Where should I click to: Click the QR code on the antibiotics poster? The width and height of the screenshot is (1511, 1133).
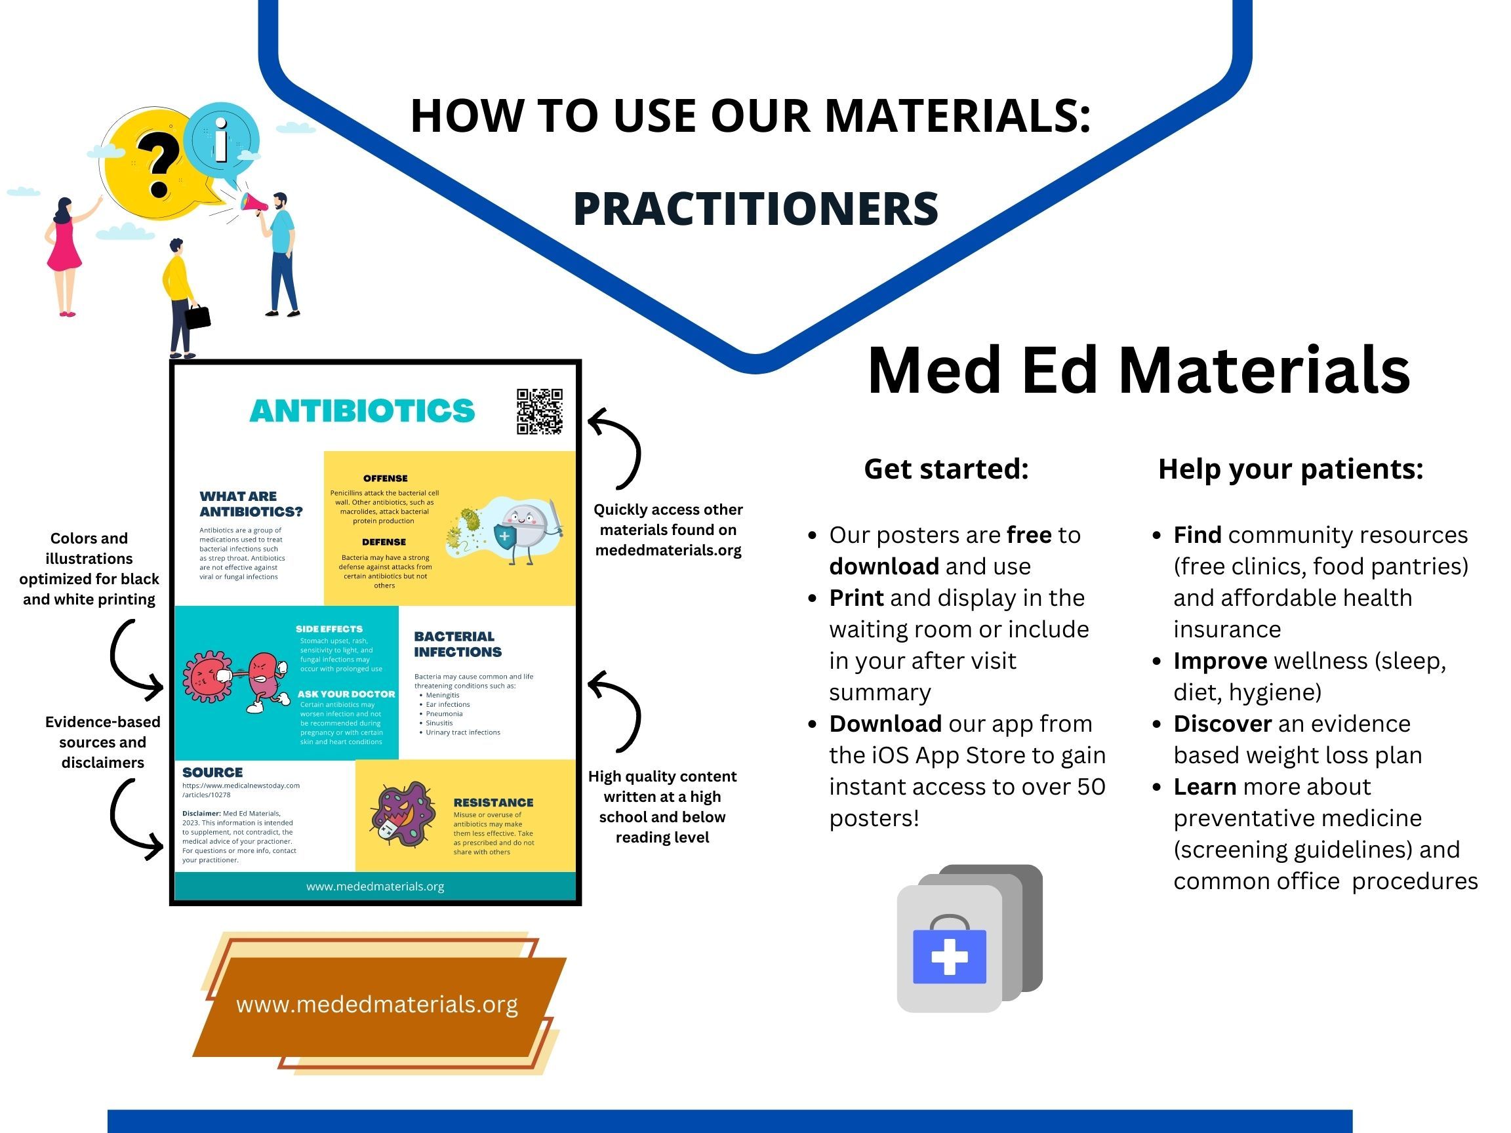tap(539, 412)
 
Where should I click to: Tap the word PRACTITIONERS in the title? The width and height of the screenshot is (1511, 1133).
tap(755, 209)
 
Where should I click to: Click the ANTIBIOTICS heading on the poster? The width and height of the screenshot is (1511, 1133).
tap(362, 411)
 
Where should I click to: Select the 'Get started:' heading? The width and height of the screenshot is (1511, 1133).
tap(946, 469)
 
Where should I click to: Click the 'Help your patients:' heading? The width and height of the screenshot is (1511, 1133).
tap(1291, 469)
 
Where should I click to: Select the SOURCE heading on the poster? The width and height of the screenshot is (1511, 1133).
tap(212, 772)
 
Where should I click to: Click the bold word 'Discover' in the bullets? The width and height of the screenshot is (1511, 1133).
tap(1222, 724)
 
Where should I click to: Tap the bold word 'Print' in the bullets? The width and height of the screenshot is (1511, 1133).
tap(856, 597)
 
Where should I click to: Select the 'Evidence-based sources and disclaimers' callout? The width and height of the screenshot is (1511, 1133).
tap(102, 742)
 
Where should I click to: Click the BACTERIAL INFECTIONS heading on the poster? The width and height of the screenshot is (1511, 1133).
tap(458, 644)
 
